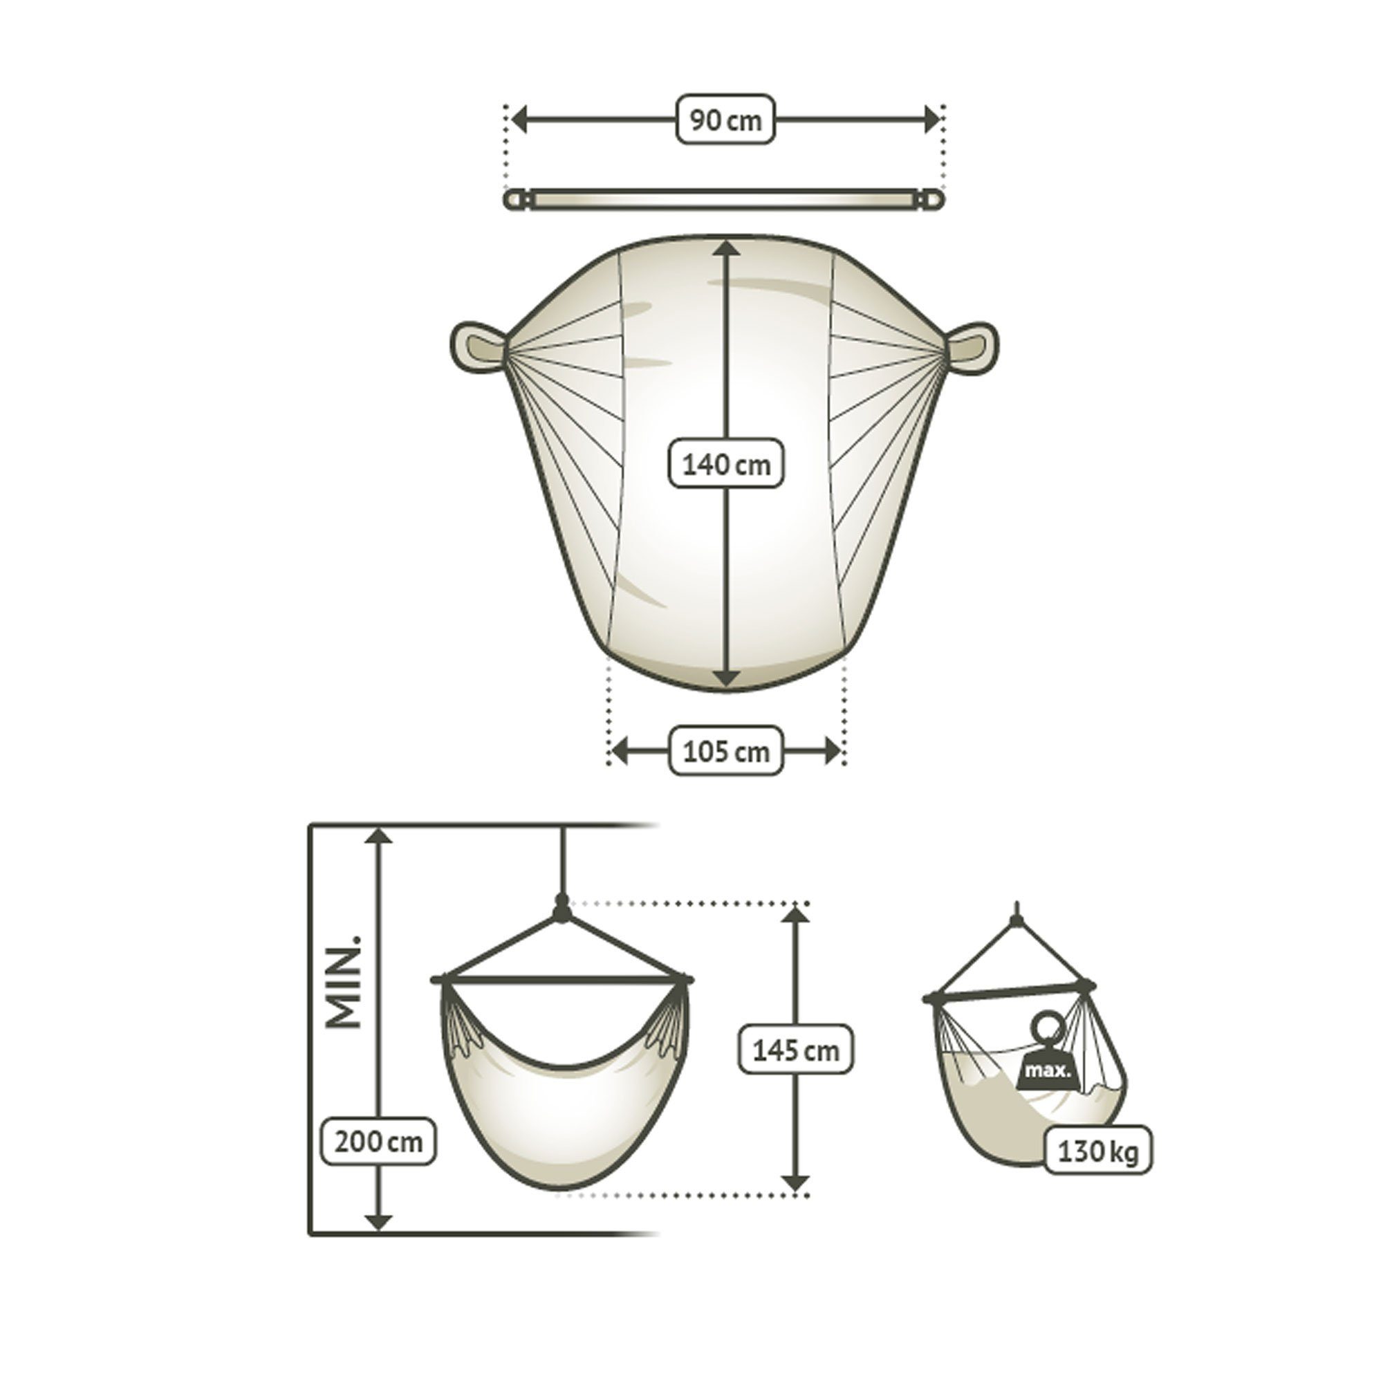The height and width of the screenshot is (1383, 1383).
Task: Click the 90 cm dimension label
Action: (x=726, y=119)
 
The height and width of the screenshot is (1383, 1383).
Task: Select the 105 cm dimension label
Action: (x=726, y=751)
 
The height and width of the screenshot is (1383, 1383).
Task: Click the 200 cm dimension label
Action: (x=380, y=1141)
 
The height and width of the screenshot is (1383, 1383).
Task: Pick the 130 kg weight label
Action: (x=1097, y=1151)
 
